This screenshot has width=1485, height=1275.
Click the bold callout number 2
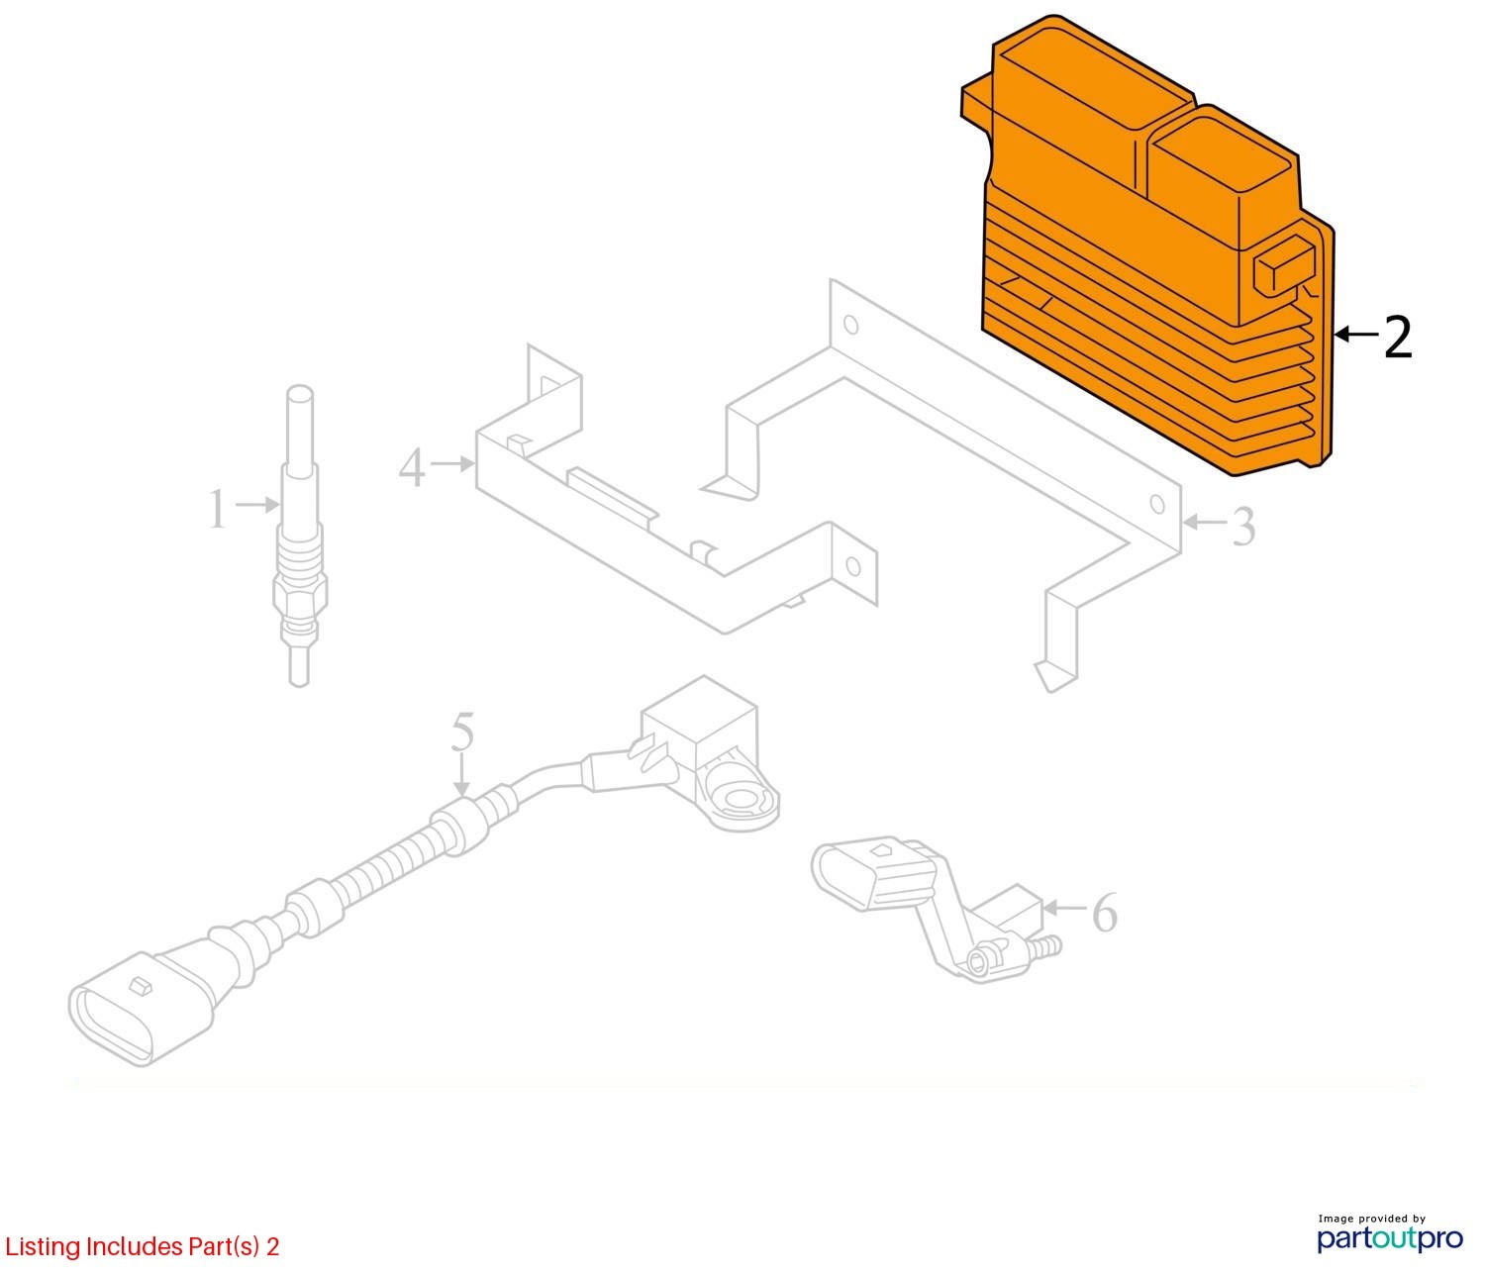1397,338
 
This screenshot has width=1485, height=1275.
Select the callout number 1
218,511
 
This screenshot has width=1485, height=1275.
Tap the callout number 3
1241,527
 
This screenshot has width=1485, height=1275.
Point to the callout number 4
412,467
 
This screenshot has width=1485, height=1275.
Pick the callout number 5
462,734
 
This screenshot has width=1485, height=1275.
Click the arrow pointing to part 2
1356,336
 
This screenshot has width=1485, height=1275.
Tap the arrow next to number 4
453,462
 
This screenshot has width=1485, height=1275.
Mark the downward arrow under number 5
461,778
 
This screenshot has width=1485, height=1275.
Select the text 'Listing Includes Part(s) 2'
142,1245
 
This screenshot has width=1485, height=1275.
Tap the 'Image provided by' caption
1371,1219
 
